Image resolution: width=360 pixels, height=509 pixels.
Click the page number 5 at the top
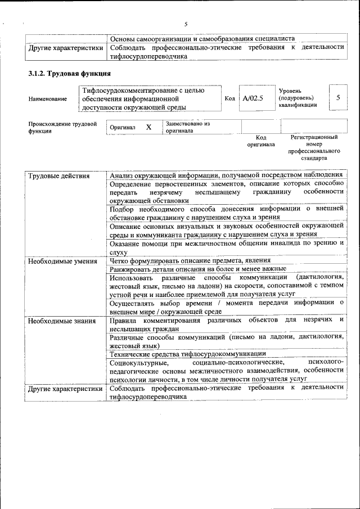[x=185, y=24]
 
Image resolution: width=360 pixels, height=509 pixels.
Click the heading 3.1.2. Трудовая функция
[x=69, y=74]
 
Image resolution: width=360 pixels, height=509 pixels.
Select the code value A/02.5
[x=253, y=98]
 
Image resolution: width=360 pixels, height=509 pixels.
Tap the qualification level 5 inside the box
[x=337, y=98]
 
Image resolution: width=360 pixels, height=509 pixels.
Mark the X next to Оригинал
[x=148, y=127]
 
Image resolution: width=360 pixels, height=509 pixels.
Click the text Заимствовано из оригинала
[x=187, y=127]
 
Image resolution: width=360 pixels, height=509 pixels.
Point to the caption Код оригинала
[x=261, y=141]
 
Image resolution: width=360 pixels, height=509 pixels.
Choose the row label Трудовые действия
[x=59, y=176]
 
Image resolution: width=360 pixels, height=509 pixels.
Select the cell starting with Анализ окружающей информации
[x=226, y=175]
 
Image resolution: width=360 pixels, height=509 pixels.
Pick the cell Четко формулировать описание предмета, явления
[x=191, y=260]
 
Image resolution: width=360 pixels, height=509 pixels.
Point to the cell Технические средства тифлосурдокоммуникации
[x=188, y=354]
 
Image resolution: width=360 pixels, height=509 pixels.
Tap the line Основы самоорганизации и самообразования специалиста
[x=202, y=39]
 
